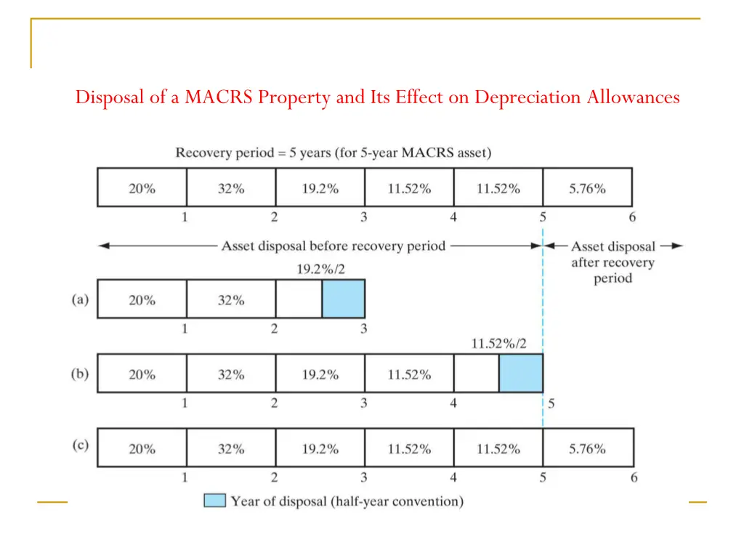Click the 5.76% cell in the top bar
click(587, 188)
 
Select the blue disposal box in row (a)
click(343, 299)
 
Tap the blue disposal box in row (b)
click(520, 373)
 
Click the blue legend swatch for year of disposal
click(214, 501)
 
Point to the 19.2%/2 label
click(320, 269)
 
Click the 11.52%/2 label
click(500, 344)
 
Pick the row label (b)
click(80, 374)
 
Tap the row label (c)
click(80, 445)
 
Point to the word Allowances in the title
click(634, 97)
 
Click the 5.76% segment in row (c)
click(587, 449)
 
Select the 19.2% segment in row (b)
click(320, 375)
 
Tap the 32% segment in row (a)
click(231, 300)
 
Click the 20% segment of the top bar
click(142, 188)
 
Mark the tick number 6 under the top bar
click(632, 217)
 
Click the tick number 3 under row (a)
click(363, 329)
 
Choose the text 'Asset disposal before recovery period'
click(333, 246)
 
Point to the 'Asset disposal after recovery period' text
click(612, 262)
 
